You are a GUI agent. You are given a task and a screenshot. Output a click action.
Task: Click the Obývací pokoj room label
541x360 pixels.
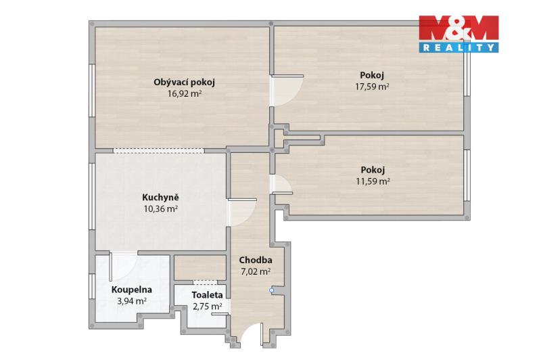(184, 83)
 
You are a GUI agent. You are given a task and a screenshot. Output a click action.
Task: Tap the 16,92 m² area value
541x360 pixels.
(185, 93)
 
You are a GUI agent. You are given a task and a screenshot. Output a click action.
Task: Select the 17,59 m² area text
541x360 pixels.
(373, 87)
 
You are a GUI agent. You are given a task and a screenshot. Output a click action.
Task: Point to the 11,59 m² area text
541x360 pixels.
(373, 181)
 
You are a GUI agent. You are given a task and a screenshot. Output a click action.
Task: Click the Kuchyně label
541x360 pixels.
(160, 198)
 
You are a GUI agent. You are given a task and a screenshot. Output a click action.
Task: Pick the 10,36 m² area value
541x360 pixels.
(161, 208)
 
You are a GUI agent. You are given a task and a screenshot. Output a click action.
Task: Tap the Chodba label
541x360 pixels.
(256, 260)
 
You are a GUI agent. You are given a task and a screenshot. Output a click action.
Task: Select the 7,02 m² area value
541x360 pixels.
(256, 271)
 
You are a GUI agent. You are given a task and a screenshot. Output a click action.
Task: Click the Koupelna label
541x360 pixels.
(132, 290)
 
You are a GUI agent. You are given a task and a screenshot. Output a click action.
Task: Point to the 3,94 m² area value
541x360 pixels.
(132, 301)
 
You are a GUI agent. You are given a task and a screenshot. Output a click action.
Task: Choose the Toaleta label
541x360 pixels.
(207, 295)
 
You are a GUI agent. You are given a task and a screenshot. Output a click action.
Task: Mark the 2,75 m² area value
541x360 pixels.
(207, 306)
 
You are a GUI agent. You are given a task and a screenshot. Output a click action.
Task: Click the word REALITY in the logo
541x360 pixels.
(458, 47)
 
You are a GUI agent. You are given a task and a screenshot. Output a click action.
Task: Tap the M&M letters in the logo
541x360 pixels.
(458, 28)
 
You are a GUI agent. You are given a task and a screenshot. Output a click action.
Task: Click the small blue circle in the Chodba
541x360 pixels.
(272, 290)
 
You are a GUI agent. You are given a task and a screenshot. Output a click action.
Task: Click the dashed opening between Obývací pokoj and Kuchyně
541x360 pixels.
(159, 151)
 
